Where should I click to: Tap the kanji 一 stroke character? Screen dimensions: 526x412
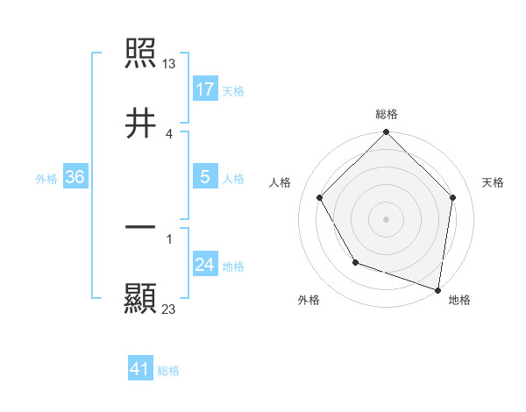pyautogui.click(x=141, y=227)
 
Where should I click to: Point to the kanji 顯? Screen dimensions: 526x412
pyautogui.click(x=141, y=297)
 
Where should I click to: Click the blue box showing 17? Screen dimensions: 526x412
pyautogui.click(x=205, y=89)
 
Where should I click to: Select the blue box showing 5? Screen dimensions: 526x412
pyautogui.click(x=205, y=177)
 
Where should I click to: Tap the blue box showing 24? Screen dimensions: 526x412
pyautogui.click(x=205, y=265)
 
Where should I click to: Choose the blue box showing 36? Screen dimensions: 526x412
pyautogui.click(x=75, y=177)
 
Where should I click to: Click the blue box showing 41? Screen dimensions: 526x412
pyautogui.click(x=140, y=370)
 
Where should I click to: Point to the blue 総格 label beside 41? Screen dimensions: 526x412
pyautogui.click(x=168, y=371)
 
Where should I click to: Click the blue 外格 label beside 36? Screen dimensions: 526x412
pyautogui.click(x=46, y=178)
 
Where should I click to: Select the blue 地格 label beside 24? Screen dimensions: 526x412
pyautogui.click(x=233, y=266)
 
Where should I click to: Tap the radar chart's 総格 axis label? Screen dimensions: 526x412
pyautogui.click(x=387, y=114)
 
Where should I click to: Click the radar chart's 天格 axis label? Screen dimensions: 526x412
pyautogui.click(x=494, y=182)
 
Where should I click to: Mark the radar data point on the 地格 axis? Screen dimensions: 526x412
pyautogui.click(x=438, y=289)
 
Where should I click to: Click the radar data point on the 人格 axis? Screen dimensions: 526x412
pyautogui.click(x=320, y=197)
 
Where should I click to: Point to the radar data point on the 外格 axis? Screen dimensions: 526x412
pyautogui.click(x=355, y=262)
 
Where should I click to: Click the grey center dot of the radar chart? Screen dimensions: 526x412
pyautogui.click(x=387, y=218)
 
